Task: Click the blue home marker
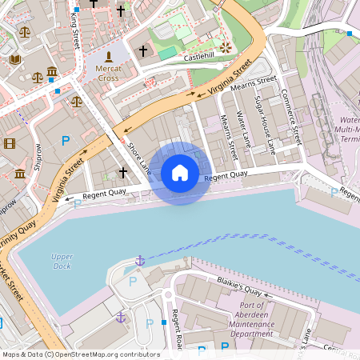coord(180,173)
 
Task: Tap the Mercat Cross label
coord(109,74)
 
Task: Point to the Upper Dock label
coord(62,261)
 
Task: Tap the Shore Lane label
coord(139,158)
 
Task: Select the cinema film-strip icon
coord(9,144)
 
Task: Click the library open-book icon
coord(14,59)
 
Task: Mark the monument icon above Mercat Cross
coord(109,57)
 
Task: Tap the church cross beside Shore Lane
coord(122,172)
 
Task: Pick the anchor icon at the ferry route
coord(139,261)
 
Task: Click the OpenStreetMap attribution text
coord(80,354)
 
